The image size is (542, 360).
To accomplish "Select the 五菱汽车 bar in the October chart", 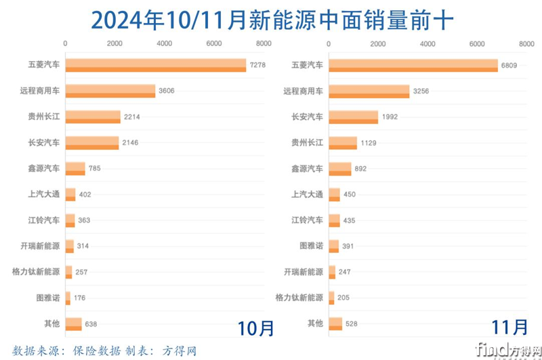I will pyautogui.click(x=155, y=65).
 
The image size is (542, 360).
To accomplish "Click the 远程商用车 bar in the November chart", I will pyautogui.click(x=369, y=91).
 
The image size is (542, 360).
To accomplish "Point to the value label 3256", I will pyautogui.click(x=421, y=91).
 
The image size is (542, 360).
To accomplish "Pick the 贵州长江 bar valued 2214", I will pyautogui.click(x=93, y=117).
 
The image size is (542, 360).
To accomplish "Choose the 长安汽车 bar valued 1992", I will pyautogui.click(x=353, y=117).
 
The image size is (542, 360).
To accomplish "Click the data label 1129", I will pyautogui.click(x=370, y=142).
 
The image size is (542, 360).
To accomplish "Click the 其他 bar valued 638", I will pyautogui.click(x=73, y=323).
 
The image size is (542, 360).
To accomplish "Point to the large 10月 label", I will pyautogui.click(x=256, y=328).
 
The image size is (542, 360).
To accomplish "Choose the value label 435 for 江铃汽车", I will pyautogui.click(x=352, y=220).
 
